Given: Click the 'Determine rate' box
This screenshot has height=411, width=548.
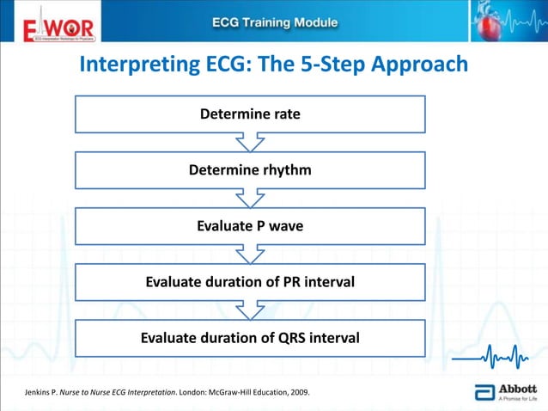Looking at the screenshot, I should coord(250,114).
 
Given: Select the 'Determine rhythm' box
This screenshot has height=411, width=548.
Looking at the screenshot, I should coord(250,170).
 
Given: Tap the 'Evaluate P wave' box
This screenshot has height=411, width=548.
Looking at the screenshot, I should coord(250,226).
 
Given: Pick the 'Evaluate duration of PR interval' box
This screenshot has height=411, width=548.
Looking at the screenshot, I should coord(250,282).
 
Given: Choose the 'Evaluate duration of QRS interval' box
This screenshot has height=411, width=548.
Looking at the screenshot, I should coord(250,338).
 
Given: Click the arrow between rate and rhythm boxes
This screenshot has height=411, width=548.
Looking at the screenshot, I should coord(250,142).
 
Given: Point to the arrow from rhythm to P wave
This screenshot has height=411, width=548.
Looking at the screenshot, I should coord(250,198).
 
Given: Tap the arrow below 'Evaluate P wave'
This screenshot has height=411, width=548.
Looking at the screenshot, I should coord(250,254).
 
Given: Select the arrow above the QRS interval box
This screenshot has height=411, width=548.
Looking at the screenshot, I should coord(250,310).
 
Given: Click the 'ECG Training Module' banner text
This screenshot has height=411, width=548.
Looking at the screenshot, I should coord(274,22).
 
